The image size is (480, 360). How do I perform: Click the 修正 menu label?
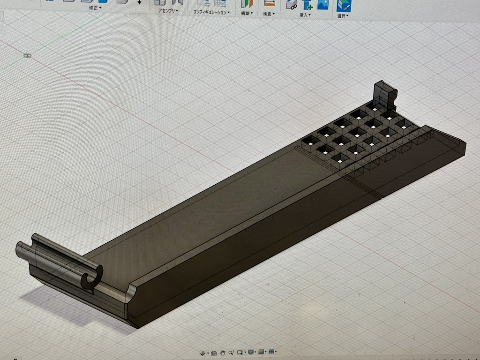tap(94, 8)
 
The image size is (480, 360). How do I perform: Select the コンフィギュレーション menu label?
tap(210, 12)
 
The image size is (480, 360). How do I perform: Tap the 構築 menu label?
tap(246, 13)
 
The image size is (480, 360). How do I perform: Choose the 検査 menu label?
tap(268, 14)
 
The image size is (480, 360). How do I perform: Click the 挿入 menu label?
tap(304, 15)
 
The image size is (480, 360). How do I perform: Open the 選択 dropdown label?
tap(342, 15)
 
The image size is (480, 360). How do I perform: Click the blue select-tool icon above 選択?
tap(344, 5)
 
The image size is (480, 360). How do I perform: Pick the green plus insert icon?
tap(308, 5)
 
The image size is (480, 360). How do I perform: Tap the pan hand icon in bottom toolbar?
tap(223, 352)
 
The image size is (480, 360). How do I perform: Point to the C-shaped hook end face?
tap(92, 277)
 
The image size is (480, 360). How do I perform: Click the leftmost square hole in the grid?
tap(310, 140)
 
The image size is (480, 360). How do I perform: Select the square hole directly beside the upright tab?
tap(374, 107)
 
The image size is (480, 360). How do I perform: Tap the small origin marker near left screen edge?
tap(27, 55)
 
